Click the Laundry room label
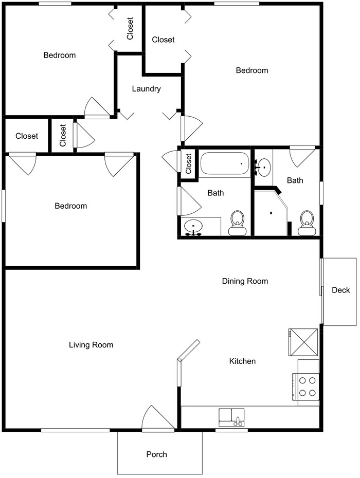pos(146,89)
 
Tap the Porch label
pos(156,454)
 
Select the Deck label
pos(341,290)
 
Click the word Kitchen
pos(242,361)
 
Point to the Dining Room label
pos(245,281)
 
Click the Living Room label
pos(91,345)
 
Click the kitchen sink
pos(231,417)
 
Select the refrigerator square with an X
pos(303,342)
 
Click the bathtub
pos(225,163)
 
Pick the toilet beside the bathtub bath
pos(238,223)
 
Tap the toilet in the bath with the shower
pos(307,223)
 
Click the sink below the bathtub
pos(193,227)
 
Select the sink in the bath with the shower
pos(262,168)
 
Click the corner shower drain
pos(271,213)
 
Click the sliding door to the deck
pos(321,291)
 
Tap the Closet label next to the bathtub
pos(189,164)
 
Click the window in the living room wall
pos(76,430)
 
